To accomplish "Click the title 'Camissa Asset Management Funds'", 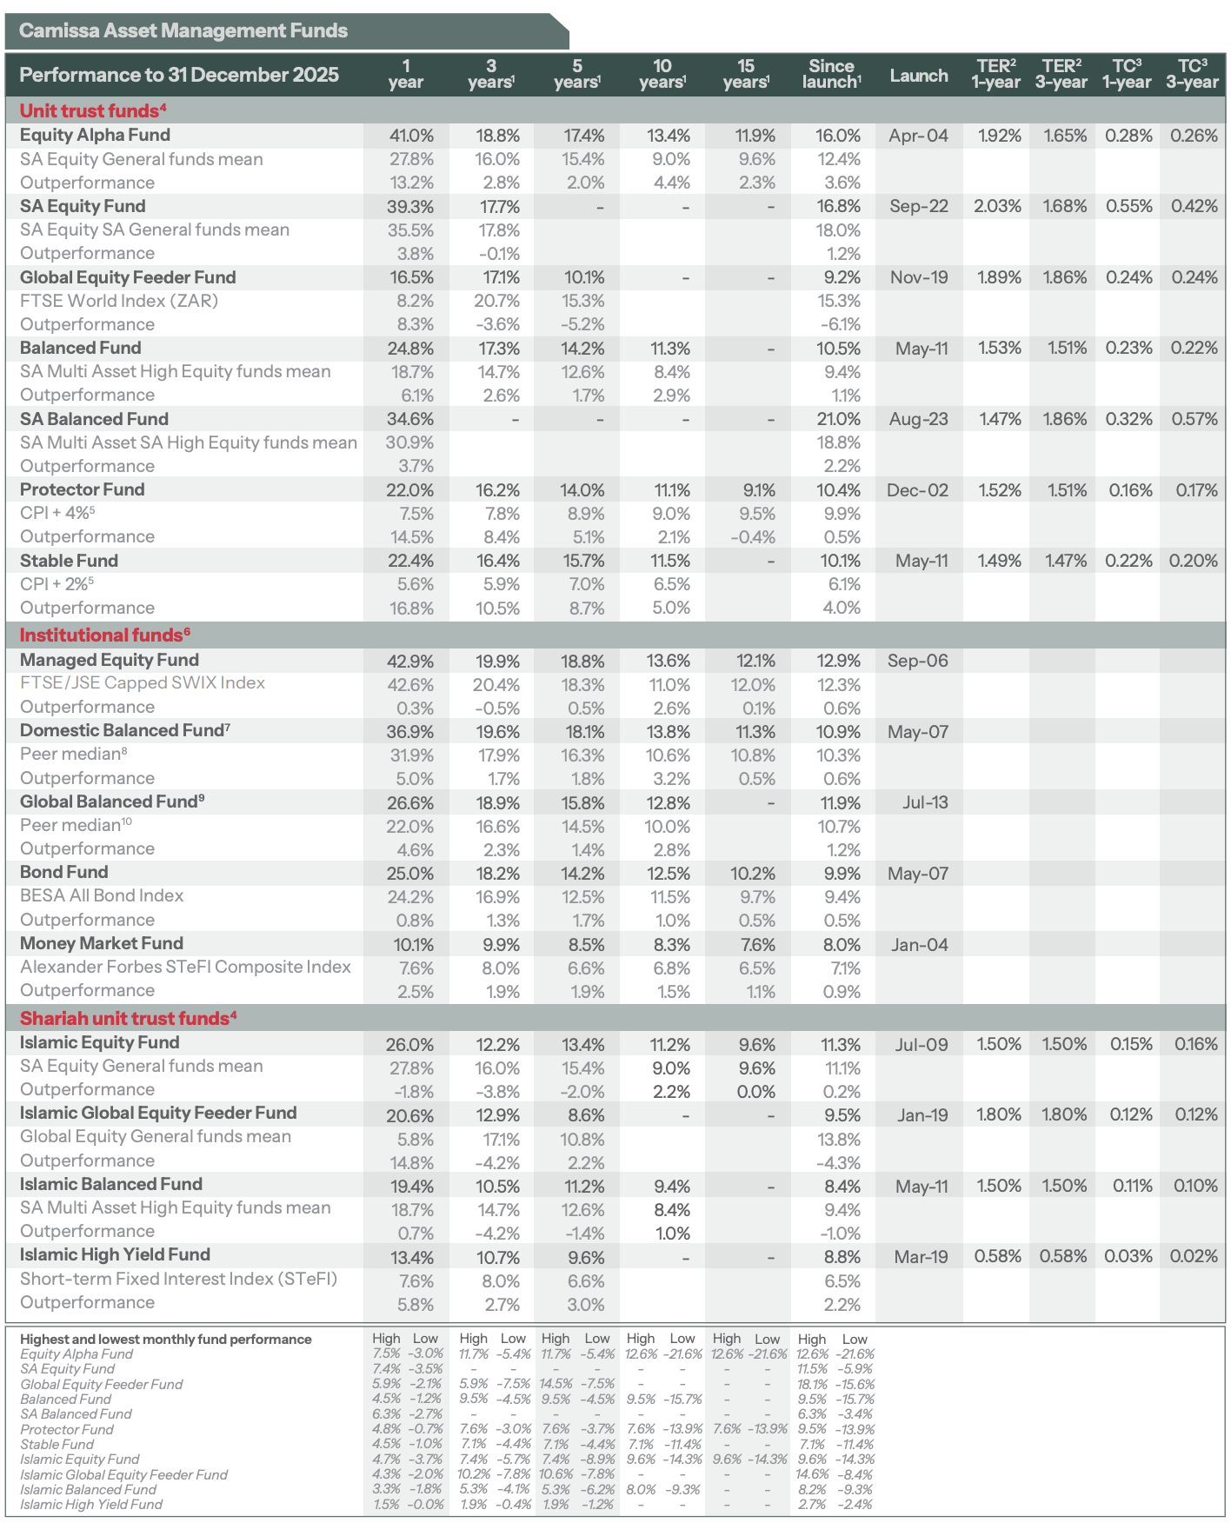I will coord(183,31).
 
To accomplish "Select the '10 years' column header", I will coord(662,74).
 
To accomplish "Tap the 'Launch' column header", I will coord(918,76).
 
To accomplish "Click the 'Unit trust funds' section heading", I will coord(92,110).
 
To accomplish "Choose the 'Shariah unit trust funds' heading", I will coord(128,1019).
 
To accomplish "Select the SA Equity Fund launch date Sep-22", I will coord(918,207).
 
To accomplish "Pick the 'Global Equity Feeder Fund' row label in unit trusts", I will coord(128,277).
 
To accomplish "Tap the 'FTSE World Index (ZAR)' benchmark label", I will coord(119,301).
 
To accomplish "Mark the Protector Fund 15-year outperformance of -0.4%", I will coord(753,537).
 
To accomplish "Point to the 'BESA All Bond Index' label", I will coord(102,895).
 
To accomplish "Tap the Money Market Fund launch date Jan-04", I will coord(919,945).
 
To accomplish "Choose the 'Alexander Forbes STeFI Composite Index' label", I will coord(185,967).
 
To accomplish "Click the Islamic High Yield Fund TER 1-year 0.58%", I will coord(997,1256).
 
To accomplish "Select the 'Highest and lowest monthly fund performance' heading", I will coord(165,1339).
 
